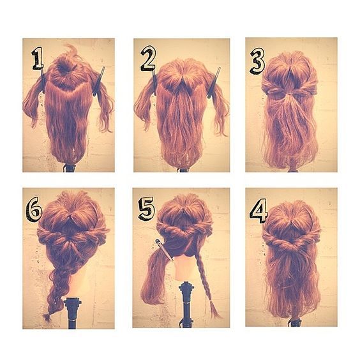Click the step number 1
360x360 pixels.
[x=38, y=58]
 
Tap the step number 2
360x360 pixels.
[x=148, y=58]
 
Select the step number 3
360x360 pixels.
[x=257, y=61]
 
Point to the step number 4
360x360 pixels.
[x=259, y=211]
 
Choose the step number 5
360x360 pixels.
[x=146, y=209]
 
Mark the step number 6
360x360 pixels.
[x=34, y=209]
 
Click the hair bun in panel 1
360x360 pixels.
[x=64, y=66]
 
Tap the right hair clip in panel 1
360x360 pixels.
[x=99, y=82]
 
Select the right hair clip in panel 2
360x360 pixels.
[x=214, y=83]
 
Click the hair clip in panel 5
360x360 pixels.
[x=164, y=250]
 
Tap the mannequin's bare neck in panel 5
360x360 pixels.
[x=184, y=268]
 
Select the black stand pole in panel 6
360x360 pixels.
[x=73, y=313]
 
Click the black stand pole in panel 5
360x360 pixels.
[x=186, y=304]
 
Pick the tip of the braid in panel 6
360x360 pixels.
[x=47, y=319]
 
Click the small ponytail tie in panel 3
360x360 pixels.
[x=290, y=94]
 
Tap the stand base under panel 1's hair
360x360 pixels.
[x=69, y=168]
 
